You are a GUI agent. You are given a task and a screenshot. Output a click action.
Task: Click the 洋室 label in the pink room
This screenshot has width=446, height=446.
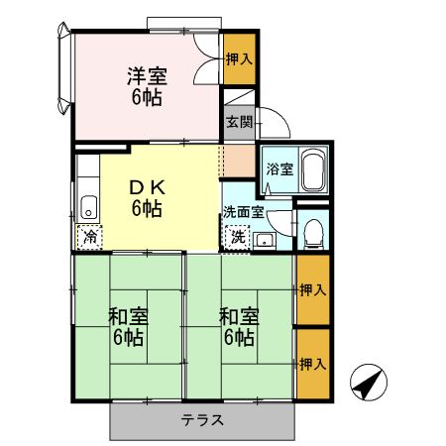coord(145,74)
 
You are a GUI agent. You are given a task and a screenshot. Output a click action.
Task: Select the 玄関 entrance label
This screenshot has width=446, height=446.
coord(238,123)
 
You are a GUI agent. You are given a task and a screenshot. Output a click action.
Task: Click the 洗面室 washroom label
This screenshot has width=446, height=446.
coord(243,211)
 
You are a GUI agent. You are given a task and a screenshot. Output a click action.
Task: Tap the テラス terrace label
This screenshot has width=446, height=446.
coord(201,419)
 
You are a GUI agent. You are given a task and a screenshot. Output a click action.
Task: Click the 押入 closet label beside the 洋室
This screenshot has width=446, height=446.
coord(239,58)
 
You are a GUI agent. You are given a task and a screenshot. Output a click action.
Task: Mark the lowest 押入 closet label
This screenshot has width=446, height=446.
coord(313,365)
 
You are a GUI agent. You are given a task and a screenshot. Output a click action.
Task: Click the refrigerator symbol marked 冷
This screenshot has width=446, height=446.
coord(89,236)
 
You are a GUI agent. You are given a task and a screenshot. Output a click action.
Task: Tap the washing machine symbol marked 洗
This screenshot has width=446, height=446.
coord(238,236)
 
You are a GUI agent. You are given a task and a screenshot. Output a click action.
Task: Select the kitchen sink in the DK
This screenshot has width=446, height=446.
coord(88,206)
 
